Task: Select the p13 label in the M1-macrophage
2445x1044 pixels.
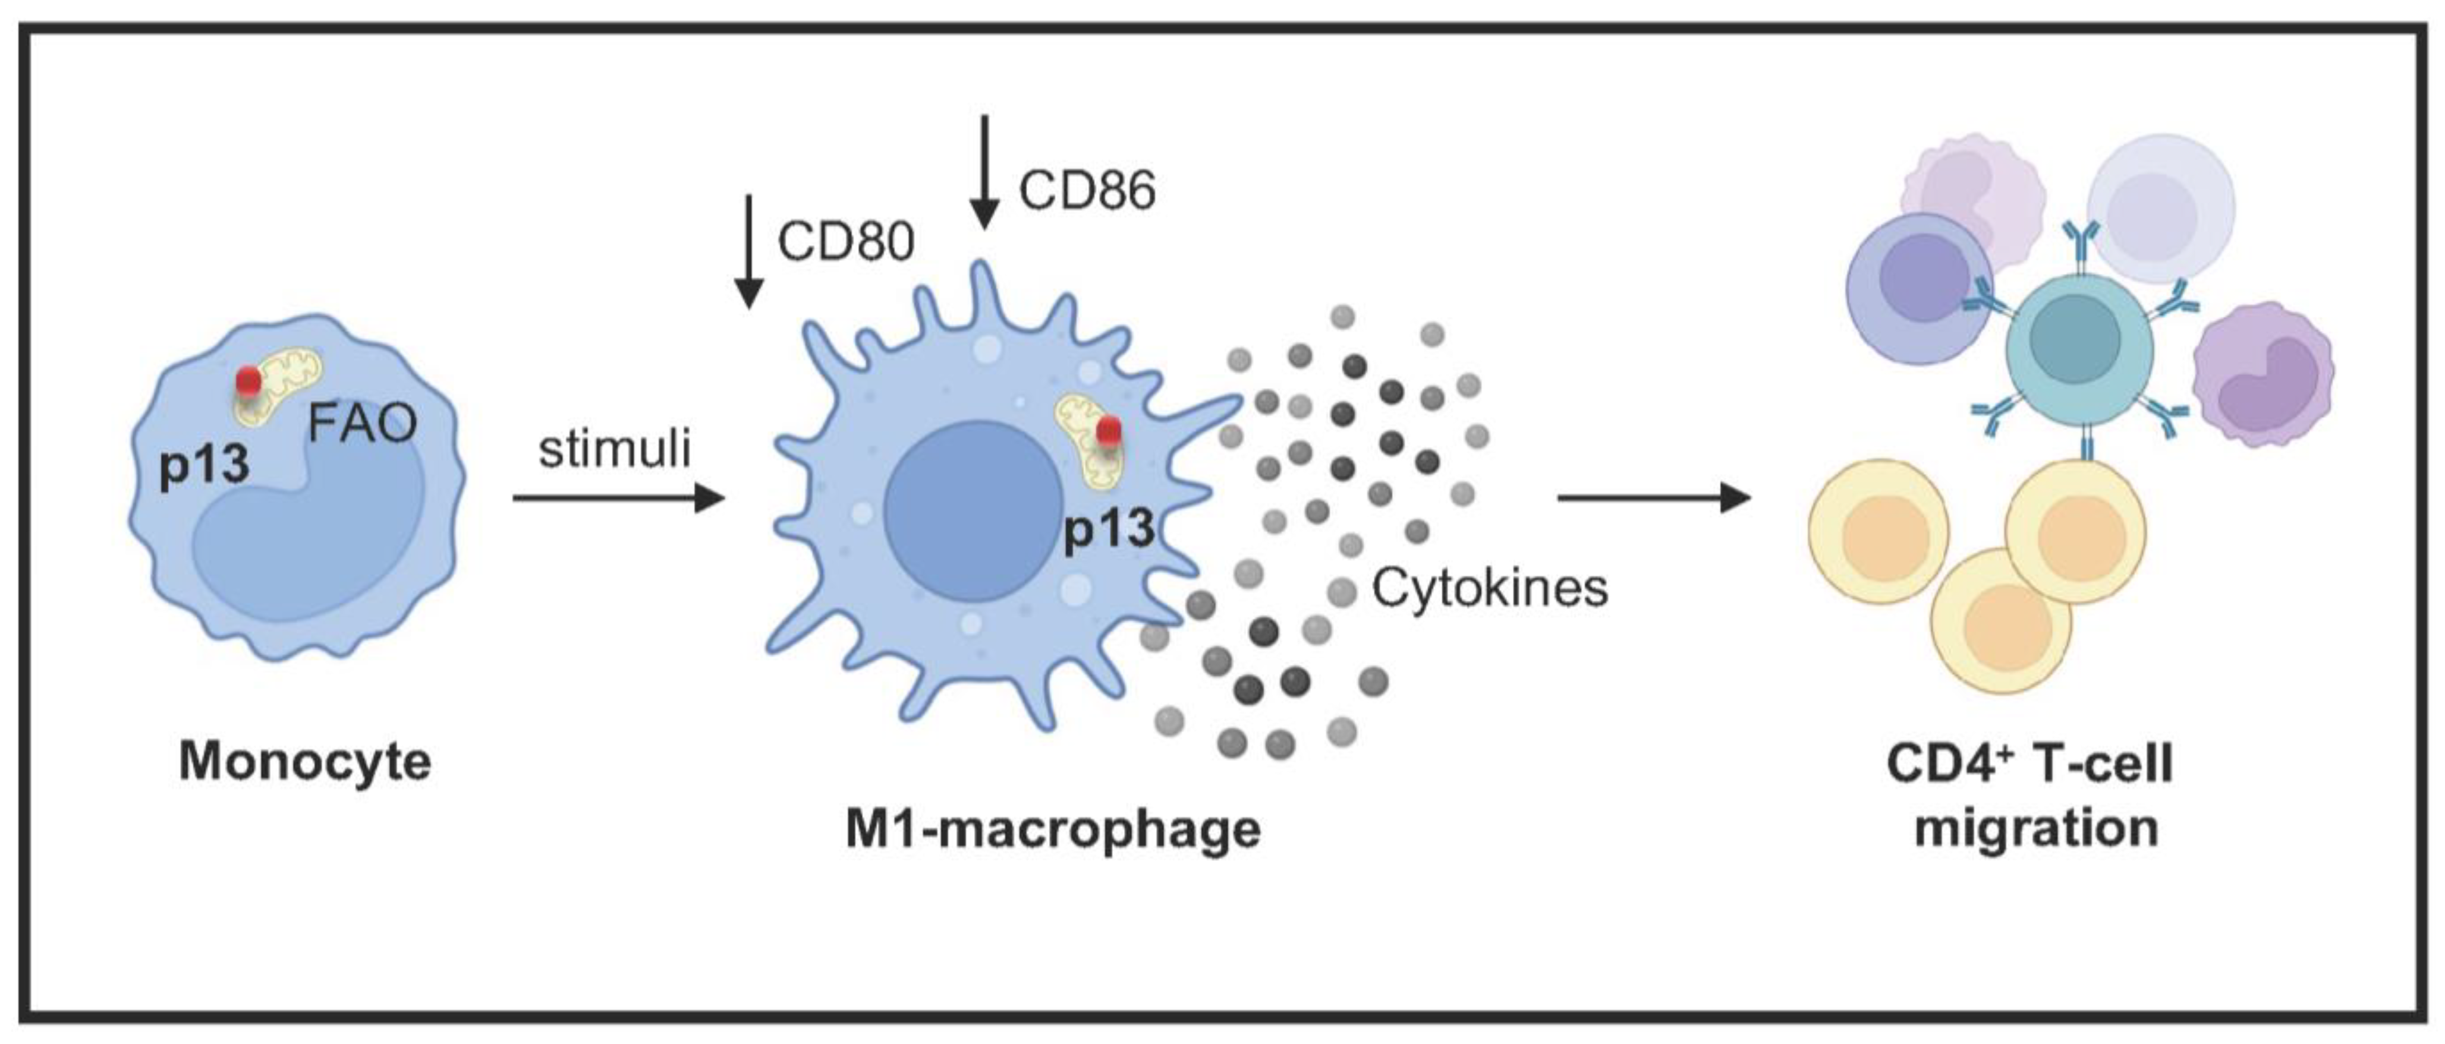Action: tap(1109, 529)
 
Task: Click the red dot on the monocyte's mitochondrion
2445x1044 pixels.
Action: tap(248, 381)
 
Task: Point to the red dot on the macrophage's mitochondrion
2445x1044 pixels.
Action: tap(1107, 433)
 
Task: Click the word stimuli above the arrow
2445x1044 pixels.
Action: tap(614, 449)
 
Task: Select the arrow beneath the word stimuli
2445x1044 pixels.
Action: tap(618, 497)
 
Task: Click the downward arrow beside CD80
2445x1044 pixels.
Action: tap(750, 251)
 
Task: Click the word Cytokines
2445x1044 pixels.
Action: tap(1489, 588)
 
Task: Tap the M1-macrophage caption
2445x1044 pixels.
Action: tap(1053, 828)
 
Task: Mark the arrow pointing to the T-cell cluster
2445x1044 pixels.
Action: tap(1653, 497)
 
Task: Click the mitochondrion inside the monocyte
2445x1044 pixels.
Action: tap(280, 389)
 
